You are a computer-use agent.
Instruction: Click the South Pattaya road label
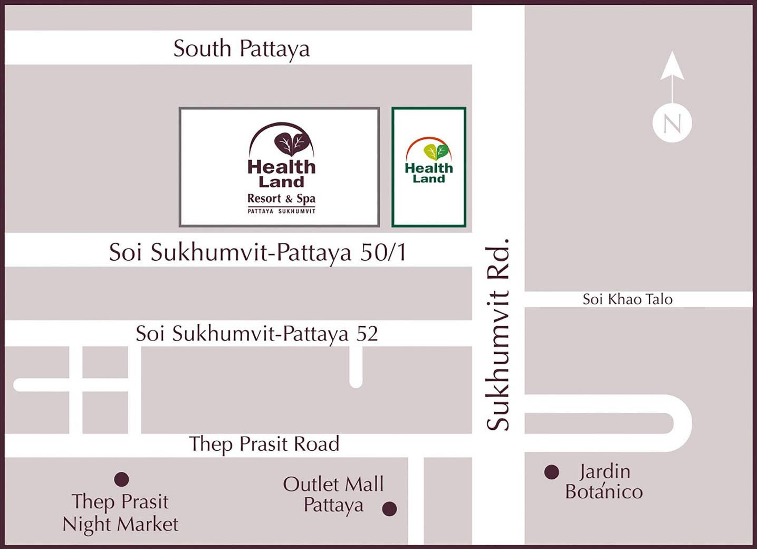click(241, 49)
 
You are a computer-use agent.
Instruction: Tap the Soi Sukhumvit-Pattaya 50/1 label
click(257, 252)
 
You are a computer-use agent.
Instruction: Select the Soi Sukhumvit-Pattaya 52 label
click(256, 334)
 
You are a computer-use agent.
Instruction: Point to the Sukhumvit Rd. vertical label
click(498, 335)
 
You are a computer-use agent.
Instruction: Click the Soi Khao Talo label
click(627, 299)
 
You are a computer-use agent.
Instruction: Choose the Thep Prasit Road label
click(264, 444)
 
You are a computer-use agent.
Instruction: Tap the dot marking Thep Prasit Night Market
click(121, 479)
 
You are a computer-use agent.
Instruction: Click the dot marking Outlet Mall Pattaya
click(389, 509)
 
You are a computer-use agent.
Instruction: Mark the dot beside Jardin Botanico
click(551, 472)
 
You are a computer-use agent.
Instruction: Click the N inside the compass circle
click(672, 124)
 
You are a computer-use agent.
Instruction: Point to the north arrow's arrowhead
click(672, 65)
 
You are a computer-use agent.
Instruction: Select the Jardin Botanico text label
click(604, 481)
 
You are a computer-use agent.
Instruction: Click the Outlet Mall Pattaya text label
click(333, 494)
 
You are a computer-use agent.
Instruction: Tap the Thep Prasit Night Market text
click(120, 513)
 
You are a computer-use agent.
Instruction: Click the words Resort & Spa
click(281, 198)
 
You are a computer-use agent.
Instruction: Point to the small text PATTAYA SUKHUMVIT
click(281, 211)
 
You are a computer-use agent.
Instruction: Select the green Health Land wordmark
click(428, 173)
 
